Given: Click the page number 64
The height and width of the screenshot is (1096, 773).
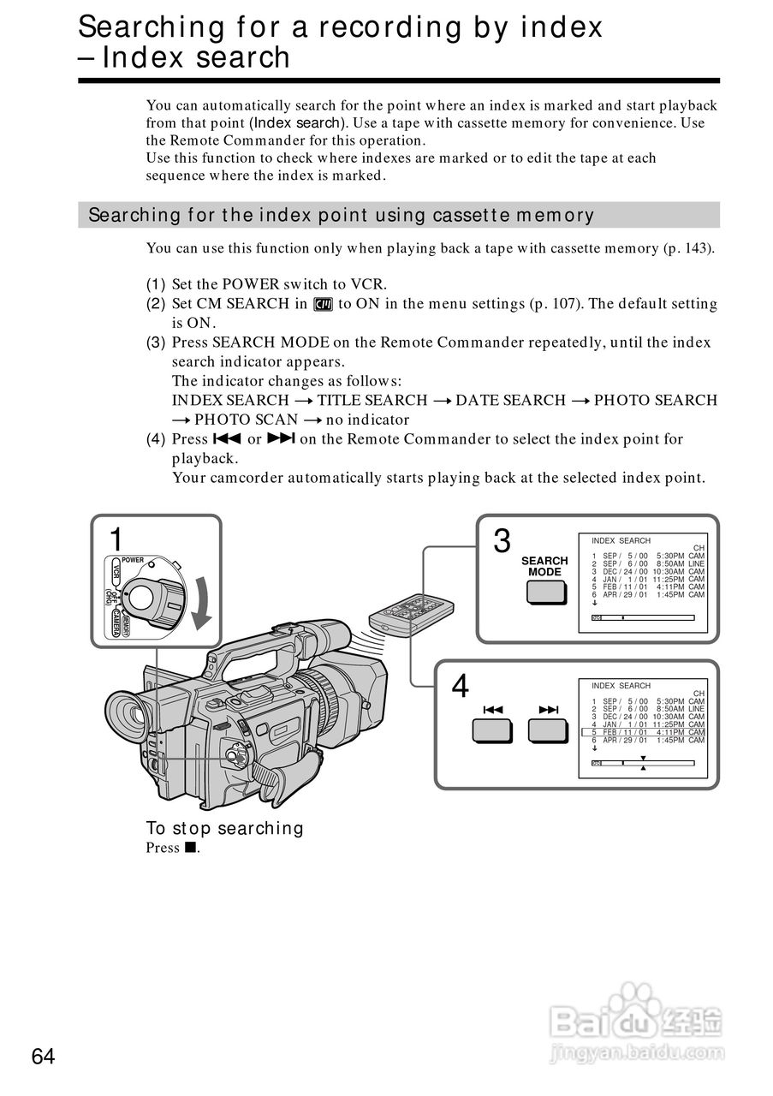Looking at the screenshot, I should click(x=44, y=1057).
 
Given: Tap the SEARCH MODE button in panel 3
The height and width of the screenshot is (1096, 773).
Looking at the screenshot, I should click(x=544, y=591).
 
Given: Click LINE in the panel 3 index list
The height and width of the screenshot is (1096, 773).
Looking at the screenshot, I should click(x=696, y=564).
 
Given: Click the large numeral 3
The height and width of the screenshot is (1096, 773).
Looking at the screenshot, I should click(x=502, y=541).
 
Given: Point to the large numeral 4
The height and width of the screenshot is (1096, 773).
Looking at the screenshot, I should click(x=461, y=686).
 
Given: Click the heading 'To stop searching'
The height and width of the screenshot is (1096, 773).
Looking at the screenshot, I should click(x=224, y=828).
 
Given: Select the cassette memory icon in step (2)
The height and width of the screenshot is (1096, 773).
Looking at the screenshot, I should click(x=323, y=304).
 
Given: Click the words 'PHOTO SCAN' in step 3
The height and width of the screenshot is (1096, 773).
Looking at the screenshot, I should click(x=246, y=420).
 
